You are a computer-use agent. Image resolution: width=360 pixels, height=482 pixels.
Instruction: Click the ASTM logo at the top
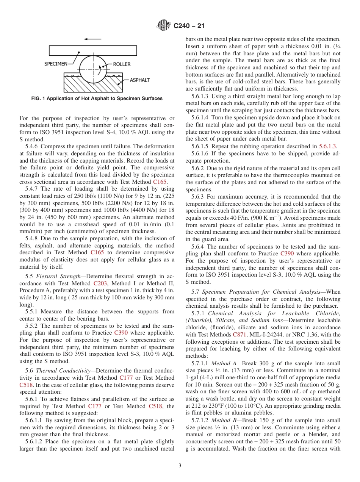coord(164,26)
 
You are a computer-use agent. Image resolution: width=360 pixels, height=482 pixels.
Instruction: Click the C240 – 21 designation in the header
coord(188,26)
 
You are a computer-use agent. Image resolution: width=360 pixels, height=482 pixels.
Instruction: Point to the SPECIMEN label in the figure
coord(56,64)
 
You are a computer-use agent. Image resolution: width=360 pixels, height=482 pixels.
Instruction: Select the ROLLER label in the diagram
coord(122,64)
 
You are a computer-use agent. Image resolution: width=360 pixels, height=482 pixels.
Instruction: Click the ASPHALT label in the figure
coord(140,80)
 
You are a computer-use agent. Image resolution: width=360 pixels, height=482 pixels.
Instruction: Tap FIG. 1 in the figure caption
coord(39,99)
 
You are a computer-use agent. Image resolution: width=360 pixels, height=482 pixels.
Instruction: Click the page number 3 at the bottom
coord(180,466)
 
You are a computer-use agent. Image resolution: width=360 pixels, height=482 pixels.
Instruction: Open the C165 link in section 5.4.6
coord(160,182)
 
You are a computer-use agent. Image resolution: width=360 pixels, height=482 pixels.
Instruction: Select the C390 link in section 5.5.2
coord(121,333)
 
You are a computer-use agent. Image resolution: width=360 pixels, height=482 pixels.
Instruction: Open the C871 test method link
coord(239,335)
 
